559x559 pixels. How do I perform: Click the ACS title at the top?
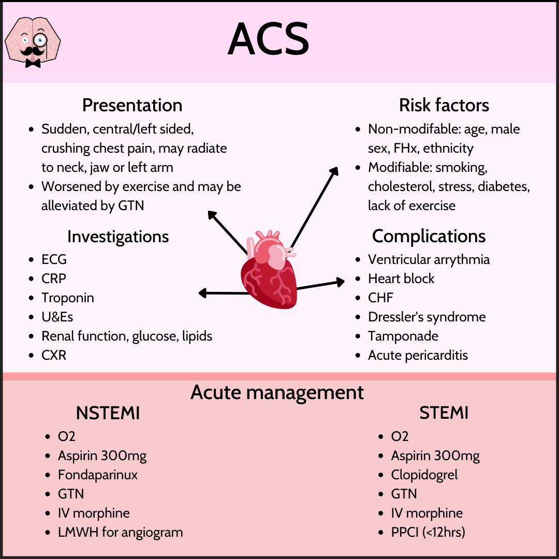pyautogui.click(x=268, y=38)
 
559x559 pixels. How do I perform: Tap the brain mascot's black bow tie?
pyautogui.click(x=33, y=64)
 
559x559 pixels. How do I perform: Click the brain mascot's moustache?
pyautogui.click(x=32, y=51)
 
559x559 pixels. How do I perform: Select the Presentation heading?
pyautogui.click(x=133, y=105)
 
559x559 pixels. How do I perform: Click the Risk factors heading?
pyautogui.click(x=444, y=105)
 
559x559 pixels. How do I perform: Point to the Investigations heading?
pyautogui.click(x=118, y=237)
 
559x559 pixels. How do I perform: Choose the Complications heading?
pyautogui.click(x=429, y=236)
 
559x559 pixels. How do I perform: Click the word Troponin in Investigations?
pyautogui.click(x=68, y=298)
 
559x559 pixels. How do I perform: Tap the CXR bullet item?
pyautogui.click(x=54, y=355)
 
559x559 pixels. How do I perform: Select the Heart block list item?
pyautogui.click(x=401, y=278)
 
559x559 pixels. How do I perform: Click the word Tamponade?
pyautogui.click(x=403, y=336)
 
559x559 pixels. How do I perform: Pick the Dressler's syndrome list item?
pyautogui.click(x=426, y=317)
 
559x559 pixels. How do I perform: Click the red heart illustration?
pyautogui.click(x=269, y=270)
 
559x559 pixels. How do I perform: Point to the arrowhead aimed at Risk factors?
pyautogui.click(x=334, y=171)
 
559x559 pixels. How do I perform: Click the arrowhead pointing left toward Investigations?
pyautogui.click(x=203, y=293)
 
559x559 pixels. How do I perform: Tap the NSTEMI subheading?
pyautogui.click(x=108, y=413)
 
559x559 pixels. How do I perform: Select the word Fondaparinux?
pyautogui.click(x=98, y=475)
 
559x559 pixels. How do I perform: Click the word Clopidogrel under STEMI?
pyautogui.click(x=424, y=475)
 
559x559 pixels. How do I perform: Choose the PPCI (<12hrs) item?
pyautogui.click(x=428, y=532)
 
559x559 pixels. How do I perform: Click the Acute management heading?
pyautogui.click(x=277, y=392)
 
